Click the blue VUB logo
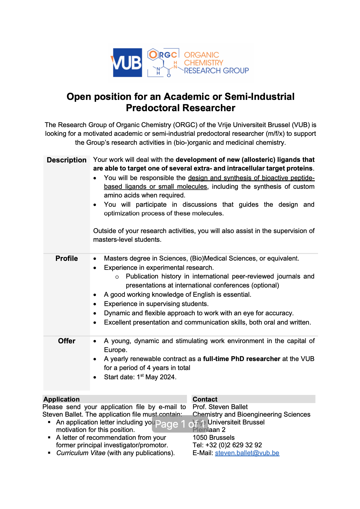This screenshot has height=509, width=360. click(127, 63)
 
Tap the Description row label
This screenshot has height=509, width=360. click(67, 160)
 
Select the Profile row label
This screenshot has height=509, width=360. click(67, 259)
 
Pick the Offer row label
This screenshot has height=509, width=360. click(67, 341)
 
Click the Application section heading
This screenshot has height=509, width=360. click(61, 399)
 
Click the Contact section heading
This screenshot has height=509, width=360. click(205, 399)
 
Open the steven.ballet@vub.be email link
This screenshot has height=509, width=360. click(247, 453)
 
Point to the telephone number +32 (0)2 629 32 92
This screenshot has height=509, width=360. click(234, 445)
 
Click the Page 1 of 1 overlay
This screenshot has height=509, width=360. click(180, 424)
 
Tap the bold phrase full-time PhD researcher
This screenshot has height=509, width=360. click(241, 359)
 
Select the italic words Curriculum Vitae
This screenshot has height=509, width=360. click(81, 453)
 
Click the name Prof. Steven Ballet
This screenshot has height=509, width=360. click(220, 407)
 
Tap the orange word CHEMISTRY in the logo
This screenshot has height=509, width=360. click(203, 63)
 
